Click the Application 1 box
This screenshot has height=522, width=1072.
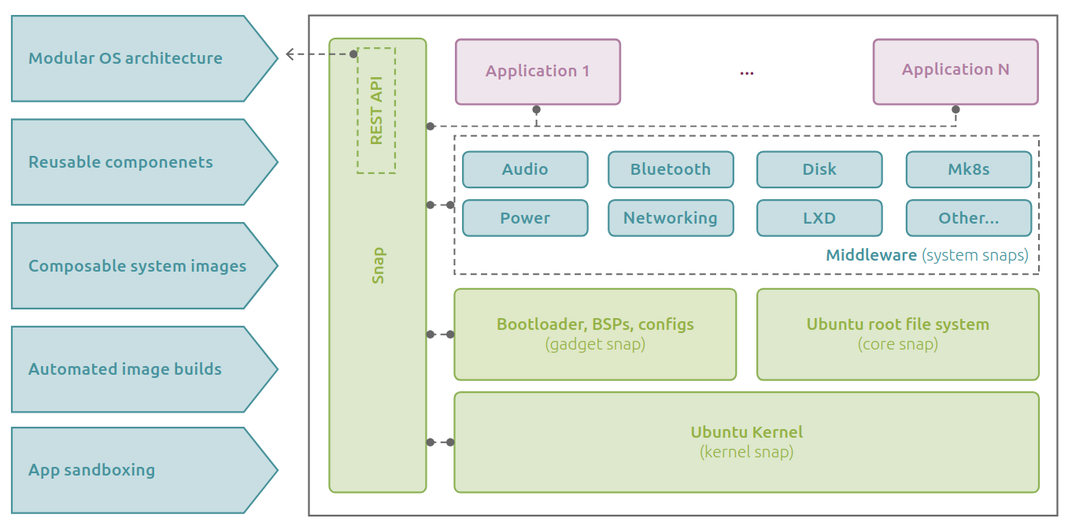[x=538, y=72]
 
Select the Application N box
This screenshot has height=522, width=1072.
[x=956, y=71]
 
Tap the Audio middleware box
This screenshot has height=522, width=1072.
[x=525, y=169]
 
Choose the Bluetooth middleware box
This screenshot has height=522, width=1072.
[x=671, y=169]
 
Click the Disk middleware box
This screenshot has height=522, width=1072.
[x=819, y=169]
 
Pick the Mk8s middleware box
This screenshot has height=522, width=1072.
[x=968, y=169]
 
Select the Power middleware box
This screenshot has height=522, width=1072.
[x=525, y=218]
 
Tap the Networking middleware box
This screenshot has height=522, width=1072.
[x=671, y=218]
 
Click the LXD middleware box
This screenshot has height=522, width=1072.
[x=819, y=218]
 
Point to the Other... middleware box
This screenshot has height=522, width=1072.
[x=968, y=218]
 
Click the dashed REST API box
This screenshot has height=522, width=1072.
[x=376, y=110]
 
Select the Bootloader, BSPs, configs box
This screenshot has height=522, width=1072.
[x=595, y=334]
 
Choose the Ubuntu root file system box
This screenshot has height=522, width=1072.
[x=897, y=334]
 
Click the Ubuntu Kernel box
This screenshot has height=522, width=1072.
[x=746, y=442]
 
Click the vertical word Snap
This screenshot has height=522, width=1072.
[x=378, y=265]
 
